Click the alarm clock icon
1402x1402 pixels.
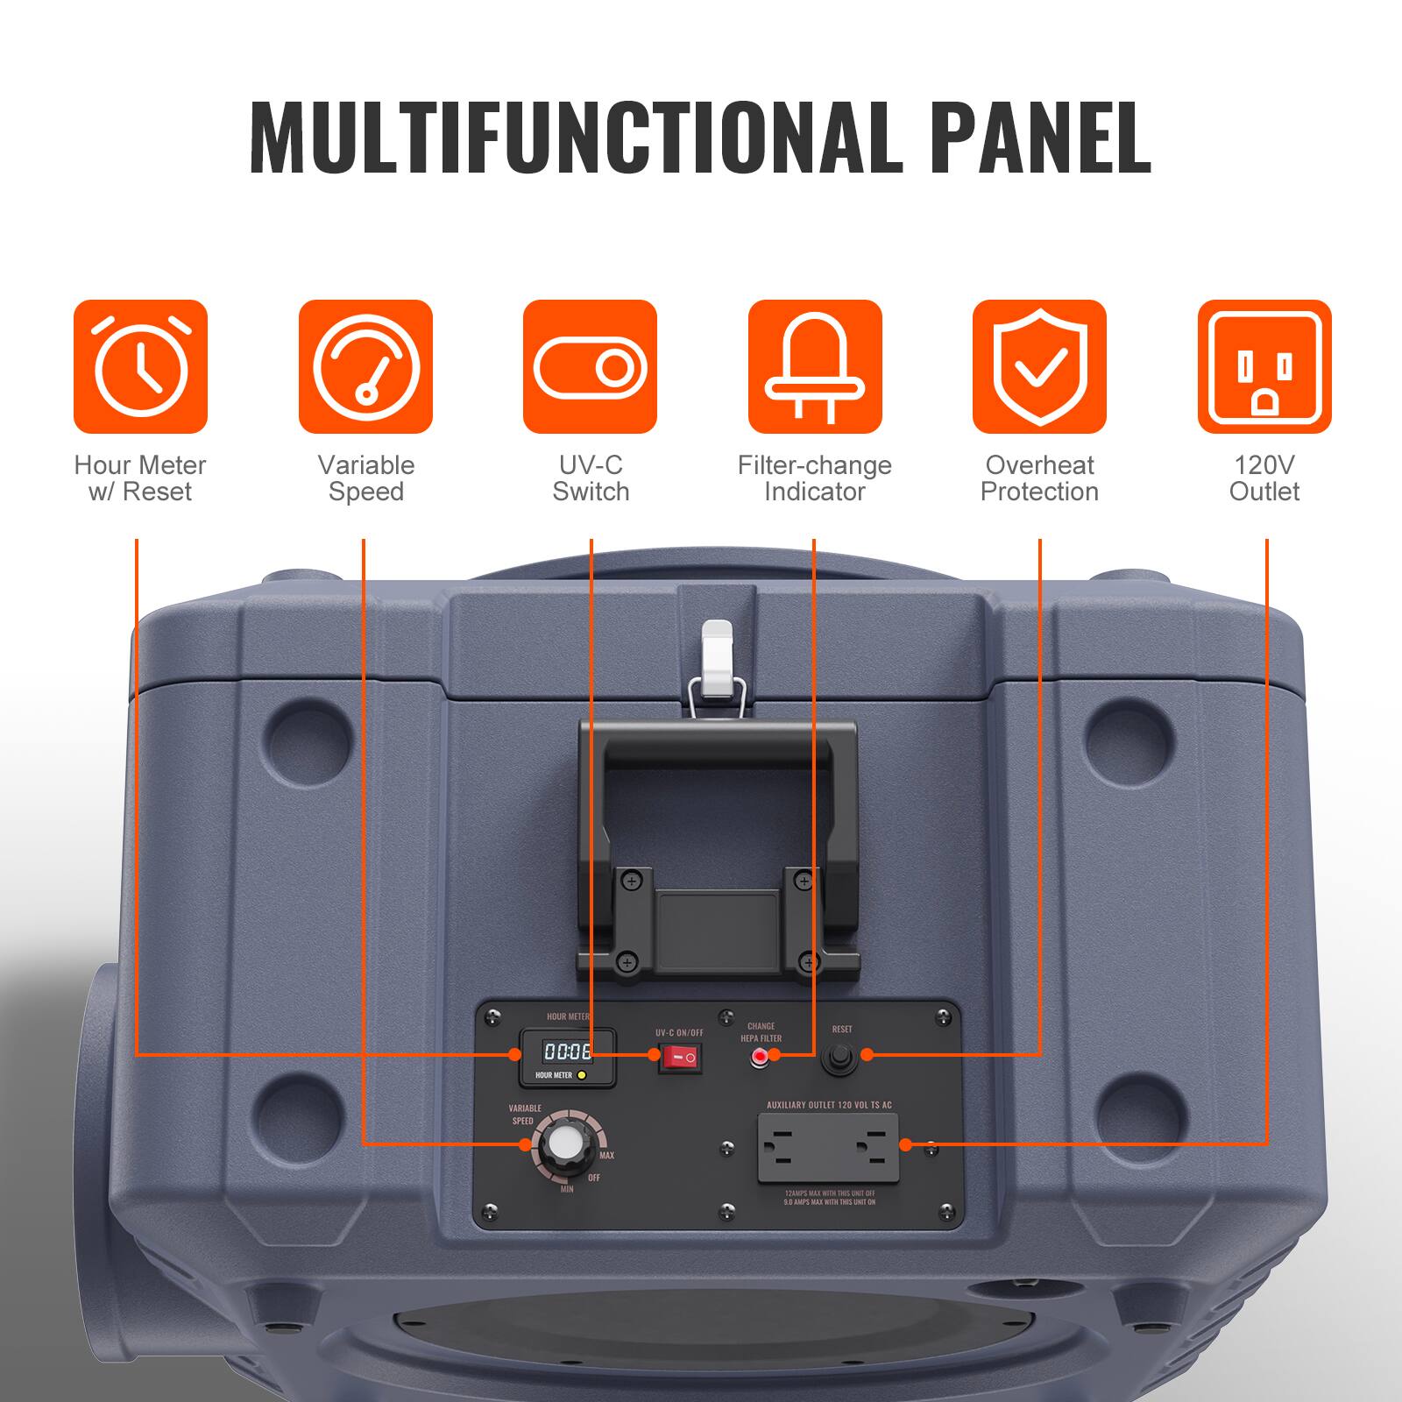pos(140,366)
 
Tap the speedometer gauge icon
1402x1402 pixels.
pos(365,366)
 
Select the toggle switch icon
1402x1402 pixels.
pos(590,366)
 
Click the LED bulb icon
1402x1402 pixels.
pos(815,366)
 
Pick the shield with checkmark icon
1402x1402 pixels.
pos(1039,366)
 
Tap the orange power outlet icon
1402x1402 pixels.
pos(1264,366)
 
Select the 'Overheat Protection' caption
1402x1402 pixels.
pos(1039,478)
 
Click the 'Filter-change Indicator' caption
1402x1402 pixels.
pos(815,478)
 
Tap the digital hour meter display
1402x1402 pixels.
pos(567,1051)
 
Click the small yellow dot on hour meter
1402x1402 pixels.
pos(582,1074)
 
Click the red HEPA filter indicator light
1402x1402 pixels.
pos(760,1058)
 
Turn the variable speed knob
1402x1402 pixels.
pos(562,1143)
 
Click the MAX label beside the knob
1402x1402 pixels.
pos(606,1156)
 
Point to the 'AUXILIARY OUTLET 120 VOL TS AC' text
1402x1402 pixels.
pos(829,1105)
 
